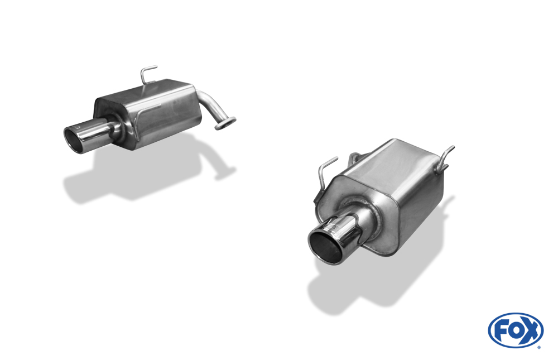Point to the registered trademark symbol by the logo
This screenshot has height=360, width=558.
click(x=539, y=347)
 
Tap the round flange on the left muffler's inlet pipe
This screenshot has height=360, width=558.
click(x=225, y=123)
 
